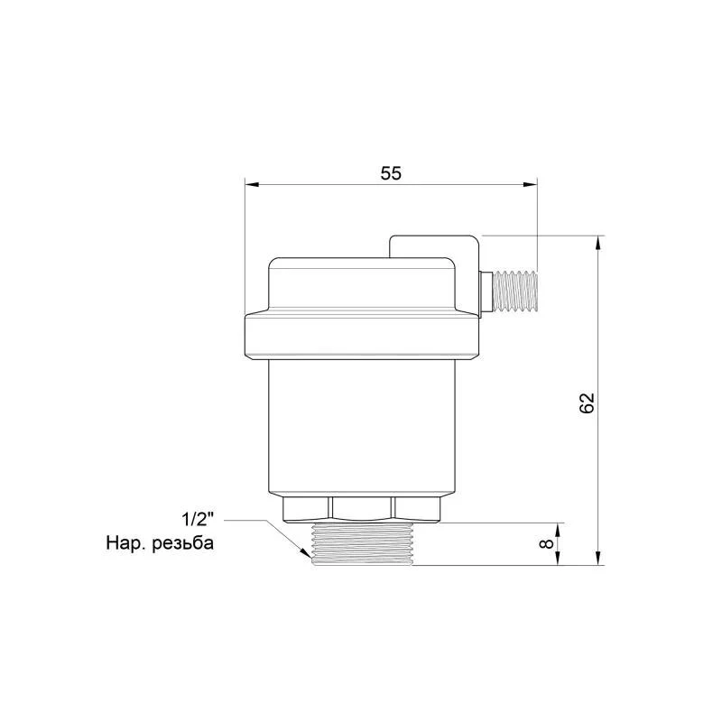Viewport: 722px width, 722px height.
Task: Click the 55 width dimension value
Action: (391, 173)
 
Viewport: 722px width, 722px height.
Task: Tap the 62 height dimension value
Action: (588, 403)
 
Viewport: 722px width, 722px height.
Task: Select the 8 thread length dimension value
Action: (546, 544)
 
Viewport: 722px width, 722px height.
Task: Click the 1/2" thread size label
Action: (198, 521)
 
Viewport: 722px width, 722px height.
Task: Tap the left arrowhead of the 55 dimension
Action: (252, 185)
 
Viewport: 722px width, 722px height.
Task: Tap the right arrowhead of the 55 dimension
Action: (530, 185)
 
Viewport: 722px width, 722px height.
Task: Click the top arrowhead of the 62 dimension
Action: (598, 243)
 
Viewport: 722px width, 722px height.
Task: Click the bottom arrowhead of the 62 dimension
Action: (598, 558)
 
